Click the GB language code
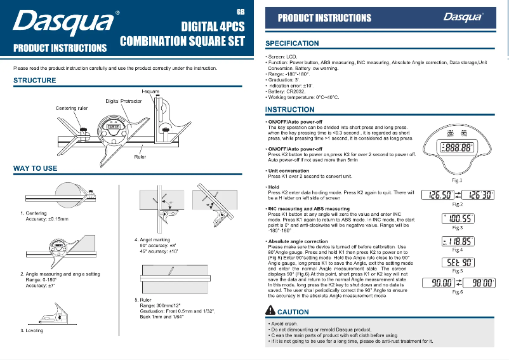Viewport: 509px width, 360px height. (x=240, y=12)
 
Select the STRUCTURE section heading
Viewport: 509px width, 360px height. (x=35, y=81)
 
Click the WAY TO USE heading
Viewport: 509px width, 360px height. (x=36, y=168)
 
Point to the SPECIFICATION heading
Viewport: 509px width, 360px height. (x=292, y=43)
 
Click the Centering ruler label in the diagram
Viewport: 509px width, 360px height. (x=71, y=109)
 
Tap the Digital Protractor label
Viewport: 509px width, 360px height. (x=123, y=102)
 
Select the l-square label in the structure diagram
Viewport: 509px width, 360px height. (x=150, y=92)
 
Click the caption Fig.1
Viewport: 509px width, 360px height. (x=456, y=181)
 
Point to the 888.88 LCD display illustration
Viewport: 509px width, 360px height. (x=456, y=147)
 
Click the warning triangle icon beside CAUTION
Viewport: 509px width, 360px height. (x=270, y=312)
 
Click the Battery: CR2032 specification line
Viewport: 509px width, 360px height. (x=289, y=91)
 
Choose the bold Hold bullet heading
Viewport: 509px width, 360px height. (x=274, y=187)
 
